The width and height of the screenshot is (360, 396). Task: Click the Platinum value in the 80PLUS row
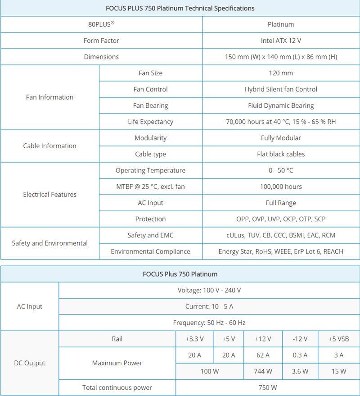pos(281,24)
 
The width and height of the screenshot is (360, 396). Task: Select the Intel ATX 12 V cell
pos(281,41)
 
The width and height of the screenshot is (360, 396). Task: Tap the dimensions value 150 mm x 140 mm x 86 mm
pos(281,57)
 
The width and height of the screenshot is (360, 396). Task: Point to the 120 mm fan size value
pos(281,73)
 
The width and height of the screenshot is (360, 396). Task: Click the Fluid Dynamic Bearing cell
pos(281,105)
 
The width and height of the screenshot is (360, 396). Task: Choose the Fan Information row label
pos(49,97)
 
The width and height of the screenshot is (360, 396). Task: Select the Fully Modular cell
pos(281,138)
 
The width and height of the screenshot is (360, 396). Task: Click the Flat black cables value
pos(281,154)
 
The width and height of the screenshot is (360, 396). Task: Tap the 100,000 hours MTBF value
pos(281,187)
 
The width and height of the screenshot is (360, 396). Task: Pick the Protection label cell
pos(150,219)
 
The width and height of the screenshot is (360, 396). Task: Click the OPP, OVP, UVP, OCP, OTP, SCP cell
pos(281,219)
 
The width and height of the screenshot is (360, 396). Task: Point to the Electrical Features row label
pos(49,195)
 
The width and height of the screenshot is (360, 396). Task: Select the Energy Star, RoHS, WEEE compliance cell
pos(281,251)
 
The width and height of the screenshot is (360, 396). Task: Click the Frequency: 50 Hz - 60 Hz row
pos(209,323)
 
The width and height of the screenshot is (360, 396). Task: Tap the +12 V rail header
pos(263,339)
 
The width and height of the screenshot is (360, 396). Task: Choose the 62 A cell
pos(263,355)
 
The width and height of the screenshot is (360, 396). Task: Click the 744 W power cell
pos(263,371)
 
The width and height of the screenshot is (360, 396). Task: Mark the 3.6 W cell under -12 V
pos(300,371)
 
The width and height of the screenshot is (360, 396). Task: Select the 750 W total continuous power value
pos(268,387)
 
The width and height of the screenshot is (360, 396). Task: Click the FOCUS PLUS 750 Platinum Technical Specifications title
pos(180,8)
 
